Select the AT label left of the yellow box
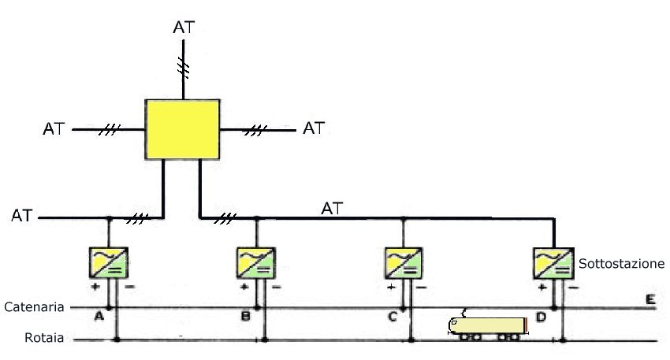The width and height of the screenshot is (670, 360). tap(55, 128)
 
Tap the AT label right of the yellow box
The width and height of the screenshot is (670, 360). tap(314, 128)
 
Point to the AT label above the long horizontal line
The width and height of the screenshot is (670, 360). tap(333, 209)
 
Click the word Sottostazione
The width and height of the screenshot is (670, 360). tap(622, 264)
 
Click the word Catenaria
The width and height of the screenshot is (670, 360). tap(34, 306)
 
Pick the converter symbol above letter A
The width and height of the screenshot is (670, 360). tap(110, 263)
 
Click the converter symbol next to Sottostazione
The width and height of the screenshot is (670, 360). tap(553, 263)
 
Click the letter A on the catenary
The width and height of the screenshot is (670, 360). tap(99, 316)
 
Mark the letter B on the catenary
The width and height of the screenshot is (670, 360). tap(247, 317)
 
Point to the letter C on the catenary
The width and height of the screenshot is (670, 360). tap(393, 317)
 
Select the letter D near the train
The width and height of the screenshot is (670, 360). tap(541, 317)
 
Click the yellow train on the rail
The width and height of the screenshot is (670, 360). tap(487, 327)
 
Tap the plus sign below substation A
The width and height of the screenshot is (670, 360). tap(95, 288)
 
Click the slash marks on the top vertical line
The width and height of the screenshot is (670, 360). tap(184, 70)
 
